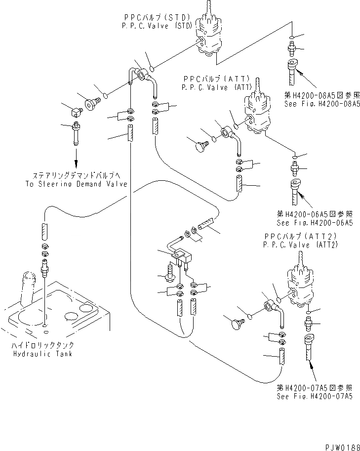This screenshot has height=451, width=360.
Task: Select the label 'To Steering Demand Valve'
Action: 76,184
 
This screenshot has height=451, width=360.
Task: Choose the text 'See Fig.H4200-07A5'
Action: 314,397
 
